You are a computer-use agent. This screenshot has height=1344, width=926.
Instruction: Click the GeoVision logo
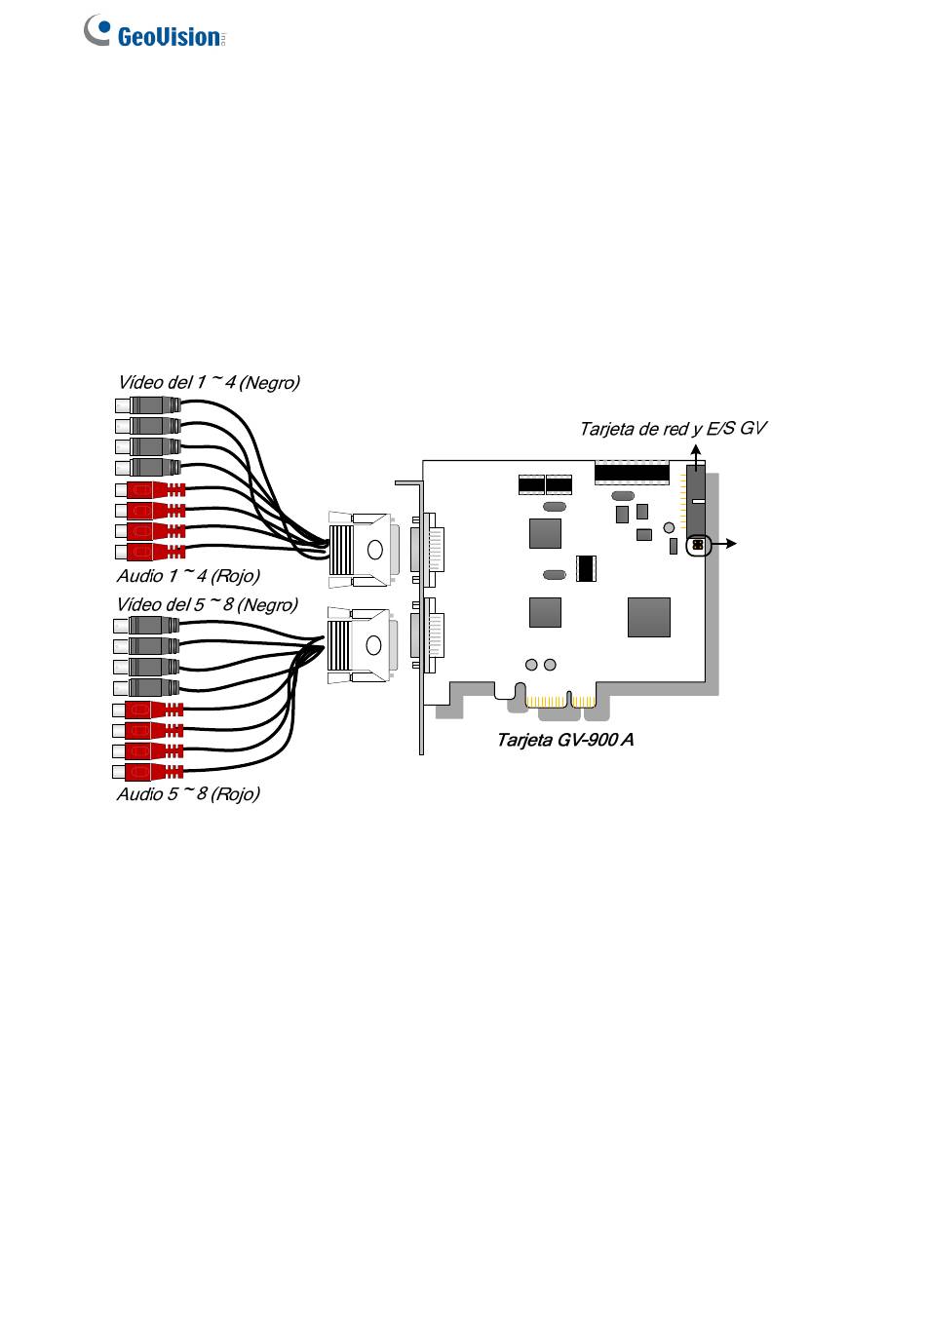click(155, 30)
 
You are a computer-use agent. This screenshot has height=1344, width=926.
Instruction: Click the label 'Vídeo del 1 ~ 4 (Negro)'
click(209, 382)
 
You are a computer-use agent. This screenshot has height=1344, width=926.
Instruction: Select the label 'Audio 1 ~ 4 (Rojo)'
click(188, 575)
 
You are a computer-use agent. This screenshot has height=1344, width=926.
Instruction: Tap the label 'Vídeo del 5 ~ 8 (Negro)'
click(207, 604)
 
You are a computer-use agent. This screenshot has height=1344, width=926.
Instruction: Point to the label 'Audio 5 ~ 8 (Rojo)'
click(188, 793)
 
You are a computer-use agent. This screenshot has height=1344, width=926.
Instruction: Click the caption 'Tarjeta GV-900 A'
click(564, 740)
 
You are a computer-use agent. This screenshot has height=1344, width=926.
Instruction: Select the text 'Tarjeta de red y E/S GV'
click(673, 429)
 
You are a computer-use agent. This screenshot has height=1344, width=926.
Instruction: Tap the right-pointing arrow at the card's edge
click(722, 544)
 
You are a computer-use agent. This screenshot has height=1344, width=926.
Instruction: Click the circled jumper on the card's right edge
click(698, 545)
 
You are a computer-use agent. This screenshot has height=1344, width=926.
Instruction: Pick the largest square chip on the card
click(648, 617)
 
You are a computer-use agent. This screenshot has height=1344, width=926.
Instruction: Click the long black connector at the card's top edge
click(632, 473)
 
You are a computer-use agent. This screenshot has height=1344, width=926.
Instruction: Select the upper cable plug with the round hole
click(363, 549)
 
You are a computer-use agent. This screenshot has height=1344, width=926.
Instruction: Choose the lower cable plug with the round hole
click(362, 644)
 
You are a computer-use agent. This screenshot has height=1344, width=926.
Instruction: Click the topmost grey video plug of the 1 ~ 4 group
click(148, 405)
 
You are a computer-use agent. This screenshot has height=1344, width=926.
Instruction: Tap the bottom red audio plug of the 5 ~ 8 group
click(147, 770)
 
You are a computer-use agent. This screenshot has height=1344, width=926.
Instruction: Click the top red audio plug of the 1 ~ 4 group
click(150, 489)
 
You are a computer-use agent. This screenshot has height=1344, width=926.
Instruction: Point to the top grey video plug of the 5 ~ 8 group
click(146, 625)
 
